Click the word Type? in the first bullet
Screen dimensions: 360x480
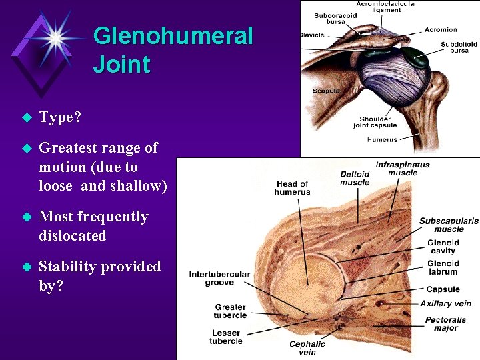coord(60,118)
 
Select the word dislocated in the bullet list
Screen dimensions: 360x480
coord(73,236)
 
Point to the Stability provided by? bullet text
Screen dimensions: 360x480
coord(100,275)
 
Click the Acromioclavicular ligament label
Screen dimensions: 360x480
coord(386,7)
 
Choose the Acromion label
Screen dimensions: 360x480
coord(441,30)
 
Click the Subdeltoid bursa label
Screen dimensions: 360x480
coord(459,47)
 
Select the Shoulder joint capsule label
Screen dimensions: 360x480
coord(378,122)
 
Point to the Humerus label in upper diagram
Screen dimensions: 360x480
coord(382,140)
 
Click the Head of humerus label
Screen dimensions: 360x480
coord(292,188)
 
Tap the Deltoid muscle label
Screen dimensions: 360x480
coord(355,179)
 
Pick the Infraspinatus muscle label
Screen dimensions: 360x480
coord(403,169)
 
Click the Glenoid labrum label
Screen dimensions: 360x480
coord(443,268)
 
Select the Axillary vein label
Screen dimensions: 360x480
coord(446,304)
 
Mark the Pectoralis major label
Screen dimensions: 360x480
coord(446,324)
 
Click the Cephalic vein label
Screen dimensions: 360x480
coord(307,348)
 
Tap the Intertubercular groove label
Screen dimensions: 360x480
coord(219,278)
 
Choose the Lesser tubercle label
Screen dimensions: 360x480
coord(226,337)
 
